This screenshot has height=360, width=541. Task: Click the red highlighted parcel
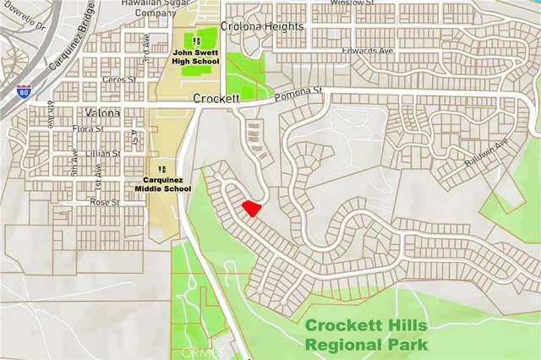click(251, 208)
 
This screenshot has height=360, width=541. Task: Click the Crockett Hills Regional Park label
click(366, 334)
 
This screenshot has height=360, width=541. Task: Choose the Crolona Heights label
click(261, 27)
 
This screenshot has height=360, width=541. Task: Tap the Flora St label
click(88, 129)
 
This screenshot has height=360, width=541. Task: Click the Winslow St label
click(352, 3)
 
